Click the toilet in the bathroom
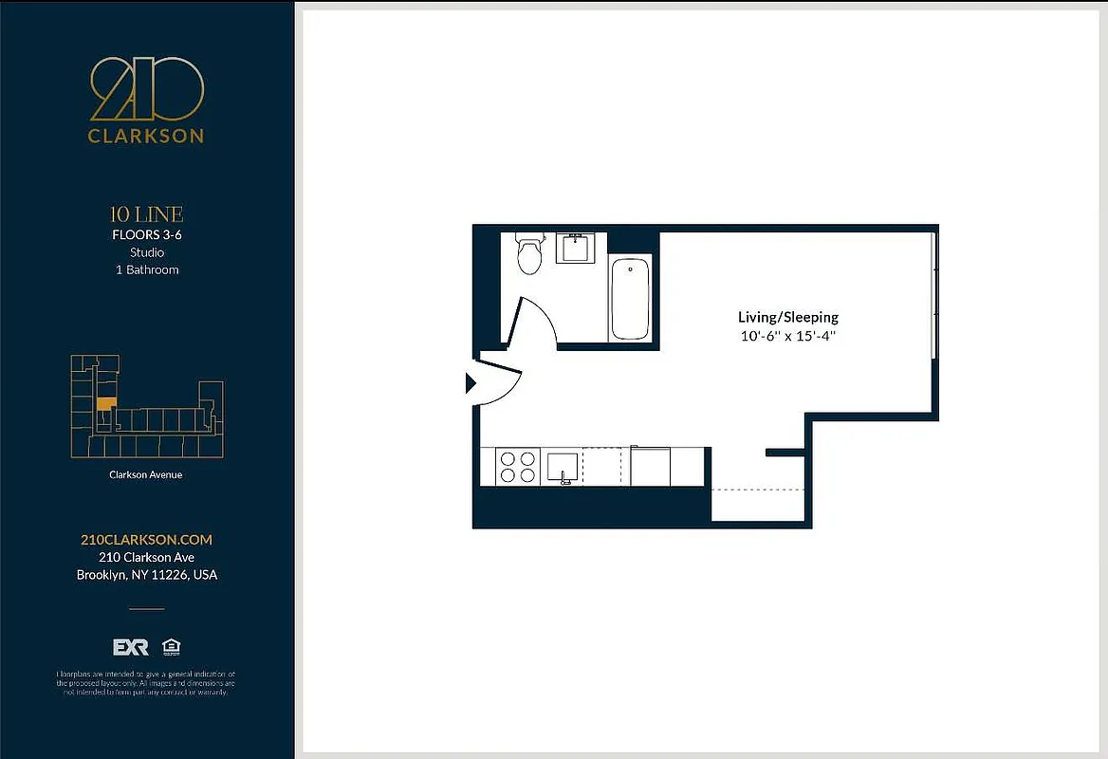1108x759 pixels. (528, 253)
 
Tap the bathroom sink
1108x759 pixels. (575, 248)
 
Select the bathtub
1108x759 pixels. (629, 298)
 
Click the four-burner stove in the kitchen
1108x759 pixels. (517, 467)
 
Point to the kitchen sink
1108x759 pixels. (563, 467)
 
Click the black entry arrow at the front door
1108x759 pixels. (471, 383)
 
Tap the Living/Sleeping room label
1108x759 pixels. (787, 317)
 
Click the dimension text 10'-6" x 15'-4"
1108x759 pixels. (787, 336)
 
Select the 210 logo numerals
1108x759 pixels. (146, 89)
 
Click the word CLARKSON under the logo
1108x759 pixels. (146, 136)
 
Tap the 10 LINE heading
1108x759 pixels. (146, 214)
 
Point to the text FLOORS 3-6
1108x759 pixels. (146, 234)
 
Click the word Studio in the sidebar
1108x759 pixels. (146, 252)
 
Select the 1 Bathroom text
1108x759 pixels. (146, 269)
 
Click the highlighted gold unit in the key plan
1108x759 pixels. (103, 403)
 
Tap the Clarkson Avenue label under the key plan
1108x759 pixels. (146, 474)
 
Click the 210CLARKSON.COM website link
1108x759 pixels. (146, 539)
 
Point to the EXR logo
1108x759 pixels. (131, 647)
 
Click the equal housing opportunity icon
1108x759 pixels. (172, 647)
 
